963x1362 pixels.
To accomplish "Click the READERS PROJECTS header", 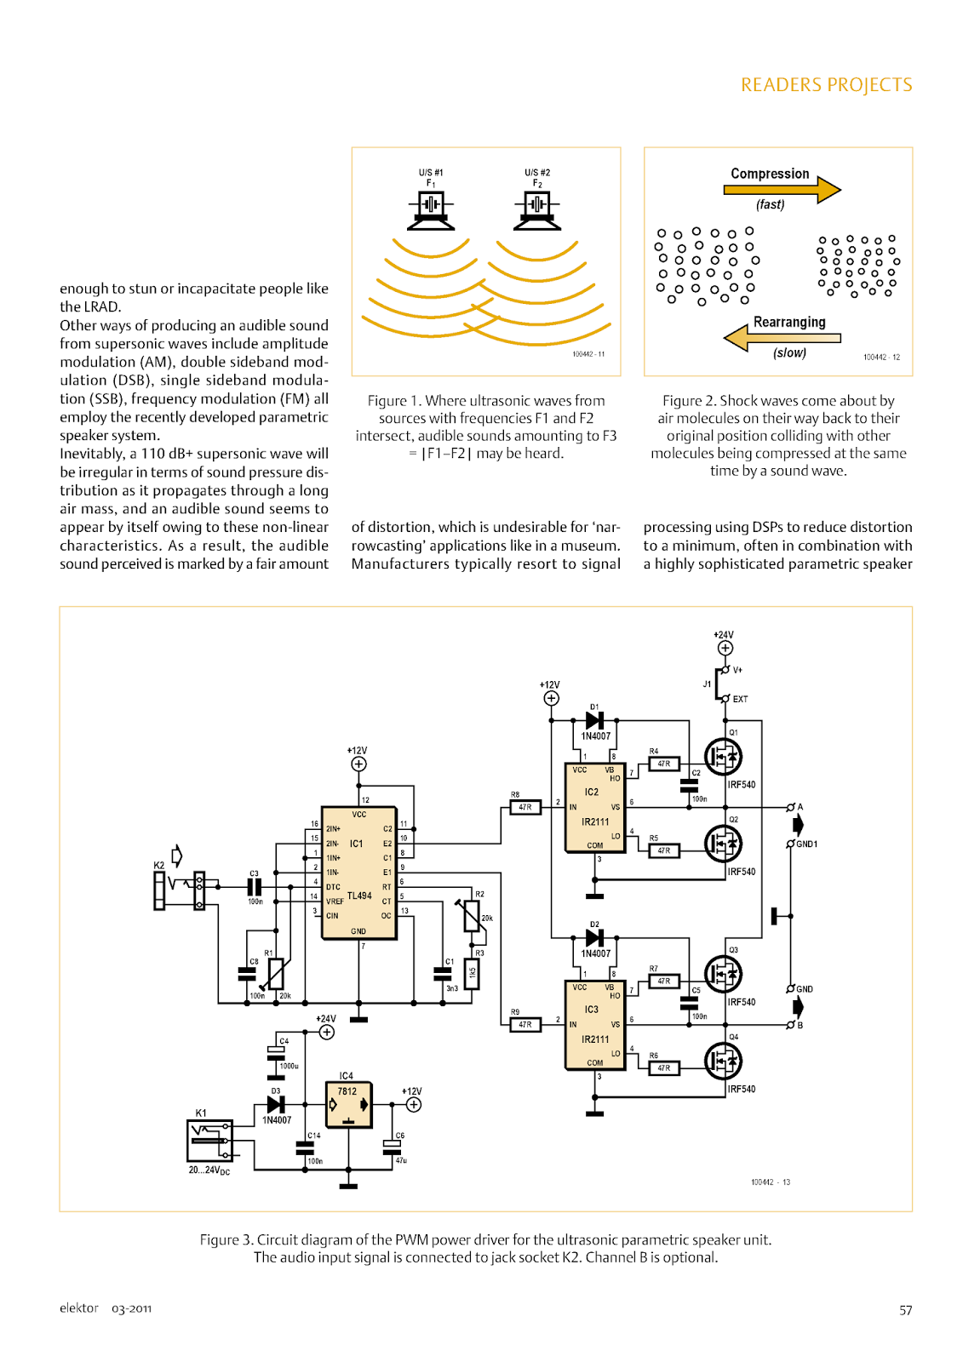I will pos(826,85).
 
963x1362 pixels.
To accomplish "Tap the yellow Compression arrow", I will pos(782,189).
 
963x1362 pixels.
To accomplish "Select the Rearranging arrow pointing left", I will pos(781,338).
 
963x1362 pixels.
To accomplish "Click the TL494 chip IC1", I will pos(358,873).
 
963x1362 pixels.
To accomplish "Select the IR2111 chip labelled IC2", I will pos(595,806).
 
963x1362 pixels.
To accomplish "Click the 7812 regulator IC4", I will pos(348,1104).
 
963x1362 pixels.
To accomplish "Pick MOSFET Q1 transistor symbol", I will pos(723,756).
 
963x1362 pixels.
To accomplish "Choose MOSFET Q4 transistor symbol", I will pos(723,1061).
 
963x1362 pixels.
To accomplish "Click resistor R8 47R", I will pos(525,807).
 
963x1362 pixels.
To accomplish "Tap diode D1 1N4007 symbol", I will pos(595,720).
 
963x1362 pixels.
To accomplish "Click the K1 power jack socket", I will pos(209,1140).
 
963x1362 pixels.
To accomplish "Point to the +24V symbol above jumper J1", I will pos(725,648).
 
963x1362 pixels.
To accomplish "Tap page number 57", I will pos(905,1310).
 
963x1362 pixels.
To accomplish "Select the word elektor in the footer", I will pos(79,1308).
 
